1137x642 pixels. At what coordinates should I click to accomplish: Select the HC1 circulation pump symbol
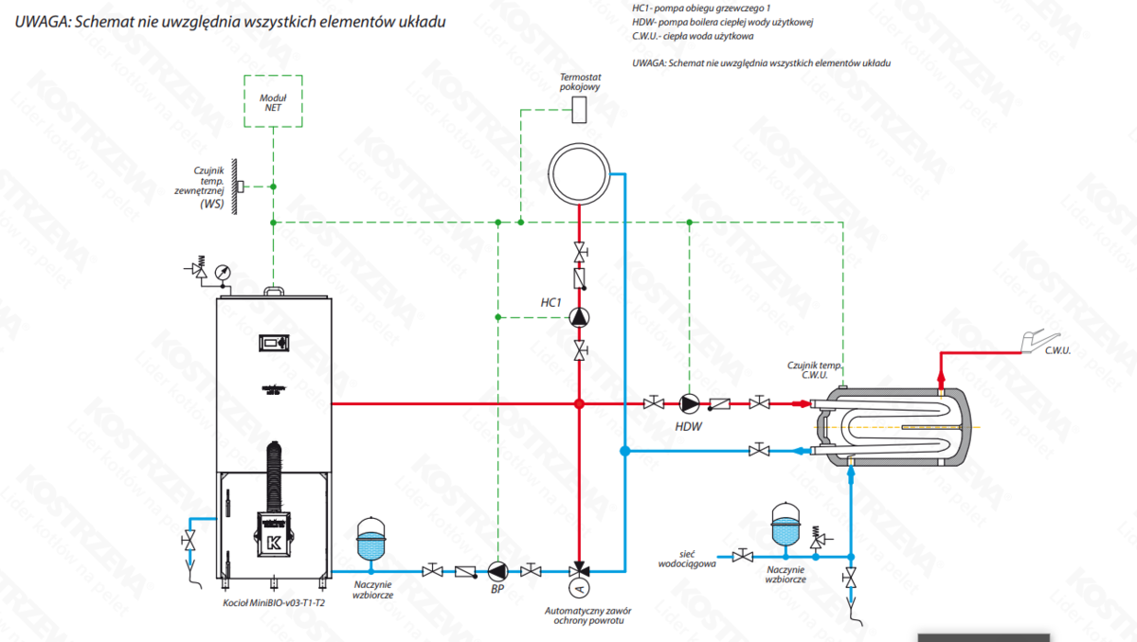(x=579, y=318)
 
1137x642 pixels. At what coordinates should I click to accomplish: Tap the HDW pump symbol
(x=689, y=403)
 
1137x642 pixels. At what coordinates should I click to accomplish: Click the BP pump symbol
(x=497, y=570)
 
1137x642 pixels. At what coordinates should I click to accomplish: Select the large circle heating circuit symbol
(x=579, y=172)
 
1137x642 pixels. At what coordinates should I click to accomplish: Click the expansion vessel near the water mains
(x=785, y=524)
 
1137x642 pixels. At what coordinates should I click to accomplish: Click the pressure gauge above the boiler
(x=222, y=271)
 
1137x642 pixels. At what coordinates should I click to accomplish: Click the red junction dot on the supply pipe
(x=579, y=403)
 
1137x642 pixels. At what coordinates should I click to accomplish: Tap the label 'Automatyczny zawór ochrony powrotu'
(x=586, y=615)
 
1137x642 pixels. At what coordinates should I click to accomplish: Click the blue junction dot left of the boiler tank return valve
(x=623, y=451)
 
